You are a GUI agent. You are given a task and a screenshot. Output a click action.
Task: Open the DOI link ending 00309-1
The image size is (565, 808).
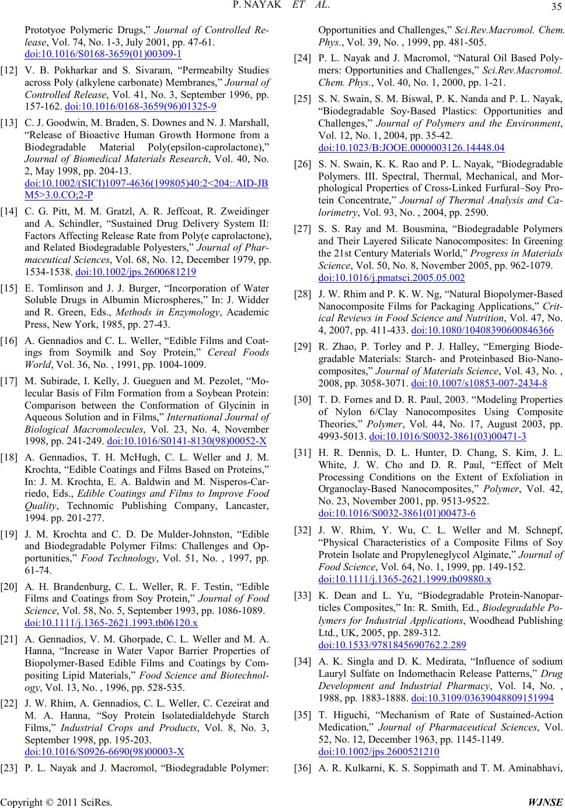pos(103,55)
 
